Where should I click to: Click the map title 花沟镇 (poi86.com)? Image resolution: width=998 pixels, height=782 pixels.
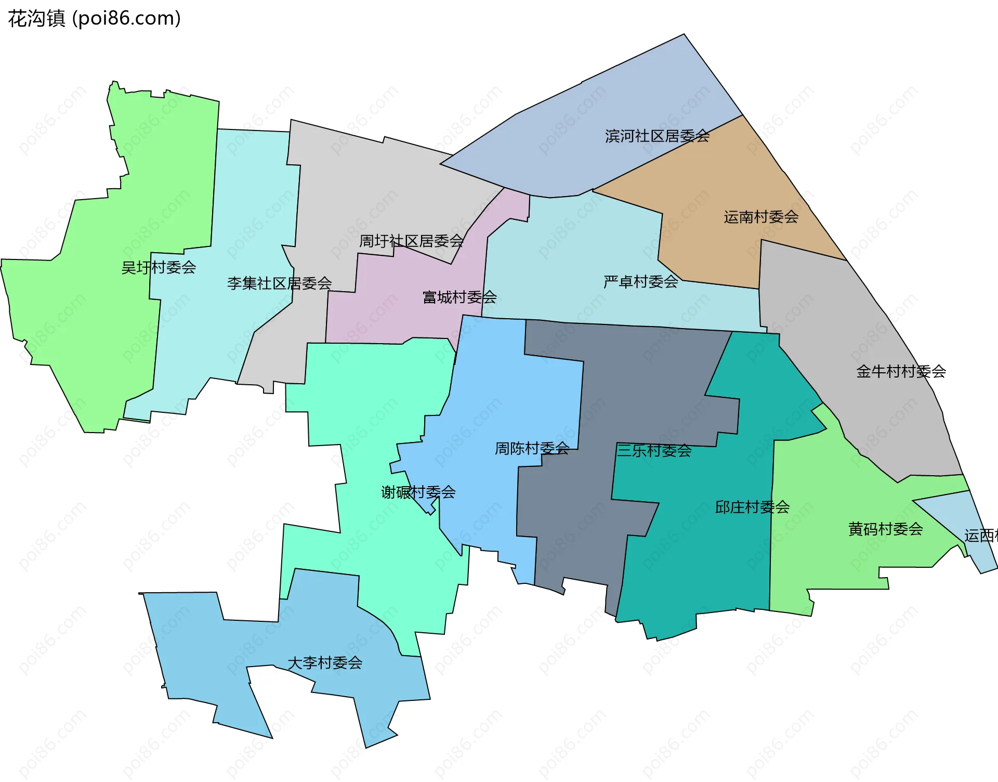(94, 19)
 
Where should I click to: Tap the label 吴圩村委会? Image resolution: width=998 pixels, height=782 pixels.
(159, 267)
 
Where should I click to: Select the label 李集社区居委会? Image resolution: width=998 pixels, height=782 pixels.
(279, 283)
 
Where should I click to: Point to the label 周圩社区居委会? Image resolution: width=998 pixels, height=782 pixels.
(411, 241)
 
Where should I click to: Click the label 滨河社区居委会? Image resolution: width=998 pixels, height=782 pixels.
(657, 136)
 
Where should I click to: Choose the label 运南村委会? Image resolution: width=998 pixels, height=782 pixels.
(761, 217)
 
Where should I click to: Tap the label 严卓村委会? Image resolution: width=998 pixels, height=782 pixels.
(640, 282)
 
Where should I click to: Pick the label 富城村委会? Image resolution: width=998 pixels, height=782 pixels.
(459, 297)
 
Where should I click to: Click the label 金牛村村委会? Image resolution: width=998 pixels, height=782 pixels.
(901, 371)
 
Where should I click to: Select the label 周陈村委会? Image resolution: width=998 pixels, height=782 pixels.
(532, 448)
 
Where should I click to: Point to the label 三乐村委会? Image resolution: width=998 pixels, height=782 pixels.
(654, 450)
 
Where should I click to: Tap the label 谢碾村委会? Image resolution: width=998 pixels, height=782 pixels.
(418, 492)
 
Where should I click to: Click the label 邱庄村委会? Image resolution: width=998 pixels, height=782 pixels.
(752, 507)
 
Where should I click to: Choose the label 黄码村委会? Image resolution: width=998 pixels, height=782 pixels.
(885, 529)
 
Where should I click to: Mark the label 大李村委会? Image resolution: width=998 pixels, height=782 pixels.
(325, 663)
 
